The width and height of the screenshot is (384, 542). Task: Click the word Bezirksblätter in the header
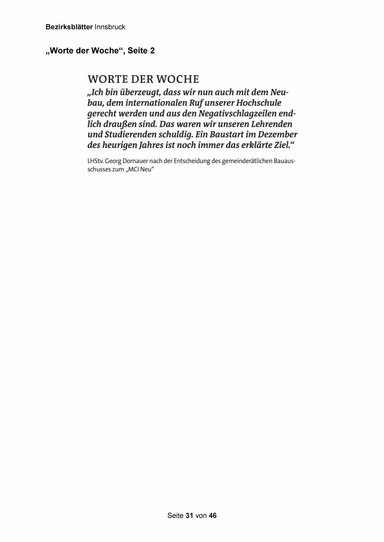[69, 27]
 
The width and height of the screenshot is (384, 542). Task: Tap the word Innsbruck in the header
[110, 27]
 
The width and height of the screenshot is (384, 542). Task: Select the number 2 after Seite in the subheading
[152, 51]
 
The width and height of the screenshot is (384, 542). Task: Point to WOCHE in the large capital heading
[177, 79]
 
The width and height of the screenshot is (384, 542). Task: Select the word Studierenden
[131, 134]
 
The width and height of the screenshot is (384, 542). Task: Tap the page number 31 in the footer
[189, 515]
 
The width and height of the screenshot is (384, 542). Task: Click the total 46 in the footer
[213, 515]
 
